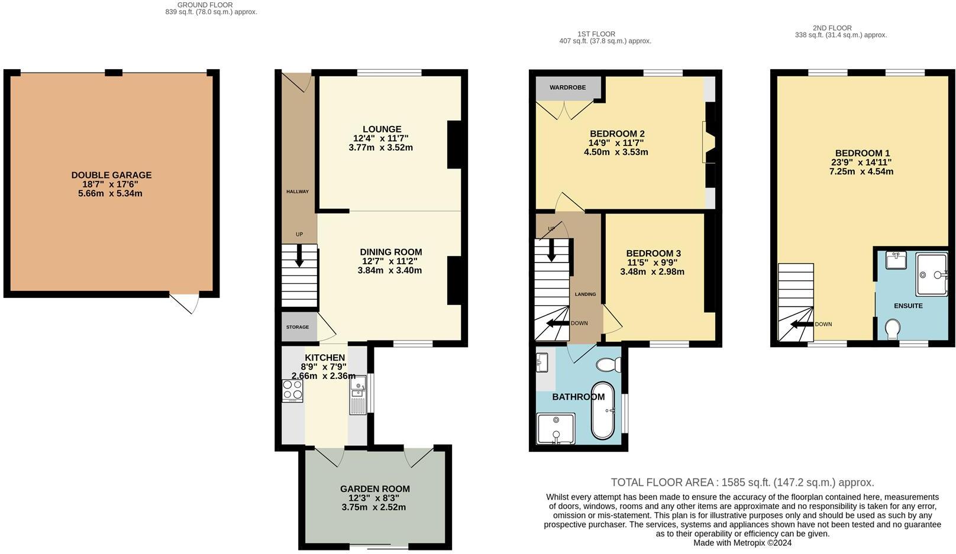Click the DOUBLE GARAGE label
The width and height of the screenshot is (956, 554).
[111, 175]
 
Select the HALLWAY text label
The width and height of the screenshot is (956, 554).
[298, 192]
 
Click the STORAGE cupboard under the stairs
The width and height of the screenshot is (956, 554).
[298, 327]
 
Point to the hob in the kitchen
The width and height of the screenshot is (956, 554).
[293, 390]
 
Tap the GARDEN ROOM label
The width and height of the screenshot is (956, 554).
[374, 489]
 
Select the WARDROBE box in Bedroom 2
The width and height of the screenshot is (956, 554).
[567, 88]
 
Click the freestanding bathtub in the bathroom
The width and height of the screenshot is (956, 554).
[603, 410]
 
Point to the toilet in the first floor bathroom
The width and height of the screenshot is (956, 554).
[608, 365]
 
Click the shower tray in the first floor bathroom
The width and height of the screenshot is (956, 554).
[555, 429]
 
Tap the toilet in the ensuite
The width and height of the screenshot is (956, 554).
[893, 328]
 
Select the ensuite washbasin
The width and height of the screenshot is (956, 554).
[896, 260]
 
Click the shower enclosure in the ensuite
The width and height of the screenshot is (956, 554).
[931, 274]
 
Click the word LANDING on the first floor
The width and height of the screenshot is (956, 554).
[585, 294]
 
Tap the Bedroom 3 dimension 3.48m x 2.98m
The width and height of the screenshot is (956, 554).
[652, 272]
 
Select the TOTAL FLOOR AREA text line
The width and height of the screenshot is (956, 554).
[742, 482]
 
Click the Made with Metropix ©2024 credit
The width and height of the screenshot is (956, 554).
[742, 543]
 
